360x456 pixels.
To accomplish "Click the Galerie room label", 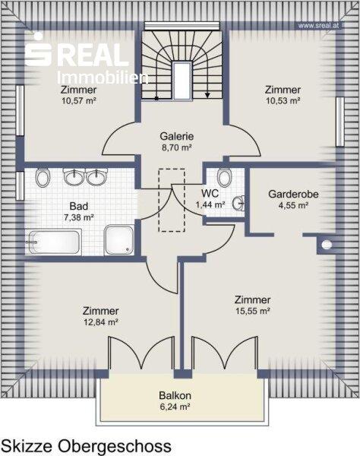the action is (x=177, y=136).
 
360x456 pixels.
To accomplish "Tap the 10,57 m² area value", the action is (x=79, y=101).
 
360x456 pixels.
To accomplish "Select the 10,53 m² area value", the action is (x=283, y=101).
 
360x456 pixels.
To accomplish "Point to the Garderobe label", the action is (x=293, y=195).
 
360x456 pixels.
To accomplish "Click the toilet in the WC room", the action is (x=224, y=177).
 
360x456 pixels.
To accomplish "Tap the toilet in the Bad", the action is (x=43, y=177).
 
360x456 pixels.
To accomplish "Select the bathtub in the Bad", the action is (x=54, y=242).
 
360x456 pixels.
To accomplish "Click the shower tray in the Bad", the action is (x=119, y=239).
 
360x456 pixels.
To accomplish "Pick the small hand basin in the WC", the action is (x=238, y=203).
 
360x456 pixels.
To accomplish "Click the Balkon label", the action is (x=175, y=395).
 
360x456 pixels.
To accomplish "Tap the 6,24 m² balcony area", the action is (x=175, y=407).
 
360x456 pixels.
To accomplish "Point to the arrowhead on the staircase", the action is (x=207, y=95).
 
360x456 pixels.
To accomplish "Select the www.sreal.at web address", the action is (x=318, y=26).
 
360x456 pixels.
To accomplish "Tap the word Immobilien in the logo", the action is (x=103, y=78).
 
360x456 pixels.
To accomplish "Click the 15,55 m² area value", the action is (x=253, y=311).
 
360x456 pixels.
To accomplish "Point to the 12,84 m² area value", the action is (x=100, y=322).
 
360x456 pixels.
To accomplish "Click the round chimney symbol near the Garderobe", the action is (x=327, y=245).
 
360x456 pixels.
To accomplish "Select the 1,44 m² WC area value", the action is (x=210, y=204).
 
